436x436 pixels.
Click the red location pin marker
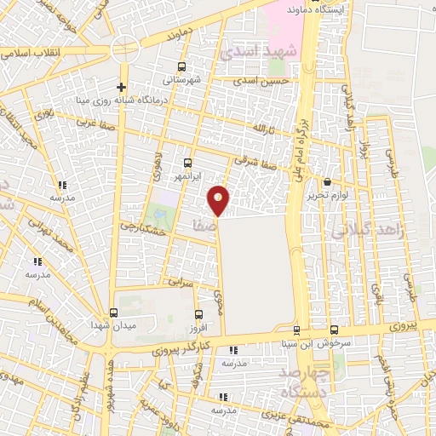tap(219, 199)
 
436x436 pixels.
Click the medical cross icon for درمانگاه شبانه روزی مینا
tap(122, 86)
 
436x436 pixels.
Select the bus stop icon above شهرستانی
tap(181, 66)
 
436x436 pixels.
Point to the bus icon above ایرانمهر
tap(188, 162)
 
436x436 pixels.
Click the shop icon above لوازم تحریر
tap(328, 181)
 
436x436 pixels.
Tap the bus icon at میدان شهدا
tap(113, 312)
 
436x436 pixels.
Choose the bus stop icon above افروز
tap(198, 314)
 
